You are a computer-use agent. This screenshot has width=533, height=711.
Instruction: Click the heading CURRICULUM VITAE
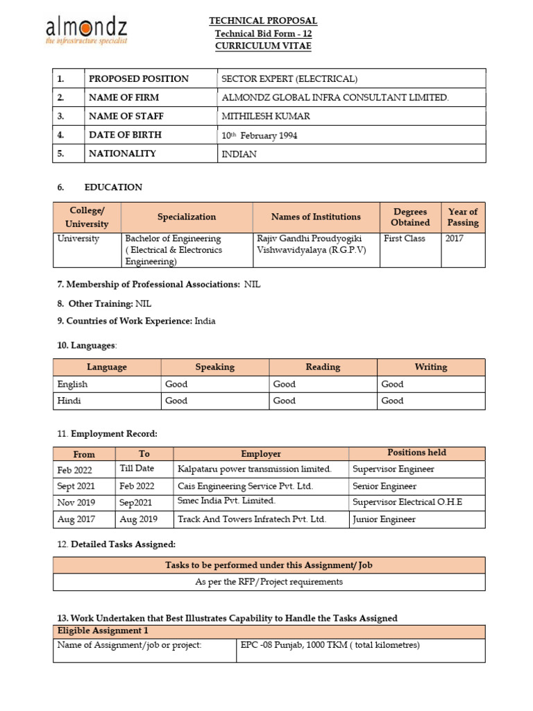point(263,46)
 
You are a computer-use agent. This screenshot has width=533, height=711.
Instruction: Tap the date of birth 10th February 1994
point(259,135)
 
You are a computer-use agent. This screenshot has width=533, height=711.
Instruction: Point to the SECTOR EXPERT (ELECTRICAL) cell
point(289,78)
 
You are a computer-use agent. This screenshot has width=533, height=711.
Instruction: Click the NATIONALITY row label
point(122,153)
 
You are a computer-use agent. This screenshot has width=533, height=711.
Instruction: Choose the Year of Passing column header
point(463,217)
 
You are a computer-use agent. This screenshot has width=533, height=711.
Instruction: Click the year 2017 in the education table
point(455,238)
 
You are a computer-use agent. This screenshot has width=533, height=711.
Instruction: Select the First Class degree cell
point(404,238)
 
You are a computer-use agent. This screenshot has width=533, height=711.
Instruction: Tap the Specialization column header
point(187,217)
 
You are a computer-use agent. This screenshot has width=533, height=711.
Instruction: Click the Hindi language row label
point(69,401)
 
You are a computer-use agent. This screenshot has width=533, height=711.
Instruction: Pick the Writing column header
point(430,367)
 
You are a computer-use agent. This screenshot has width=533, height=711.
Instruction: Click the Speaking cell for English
point(176,384)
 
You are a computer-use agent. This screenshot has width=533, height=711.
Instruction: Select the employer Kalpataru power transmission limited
point(255,469)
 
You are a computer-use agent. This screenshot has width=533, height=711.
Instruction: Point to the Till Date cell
point(137,469)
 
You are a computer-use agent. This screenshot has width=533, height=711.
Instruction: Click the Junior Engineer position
point(384,519)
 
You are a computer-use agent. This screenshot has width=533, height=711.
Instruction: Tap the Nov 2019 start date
point(76,503)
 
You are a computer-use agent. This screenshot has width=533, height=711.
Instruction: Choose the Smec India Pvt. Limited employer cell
point(227,501)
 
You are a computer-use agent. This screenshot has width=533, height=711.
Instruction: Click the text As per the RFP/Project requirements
point(269,582)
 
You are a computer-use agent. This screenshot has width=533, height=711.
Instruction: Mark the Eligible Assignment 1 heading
point(103,631)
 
